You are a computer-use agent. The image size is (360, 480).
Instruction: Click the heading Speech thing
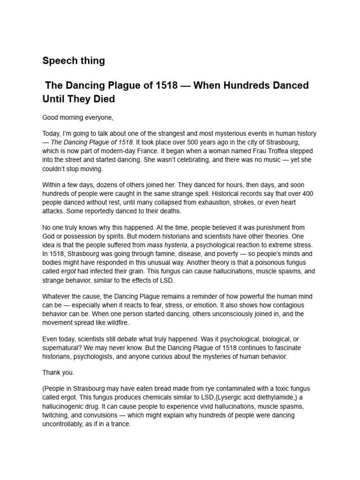coord(74,60)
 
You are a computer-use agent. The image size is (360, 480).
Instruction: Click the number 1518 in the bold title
coord(165,86)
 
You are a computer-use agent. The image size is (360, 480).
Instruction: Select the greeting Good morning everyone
coord(78,117)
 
